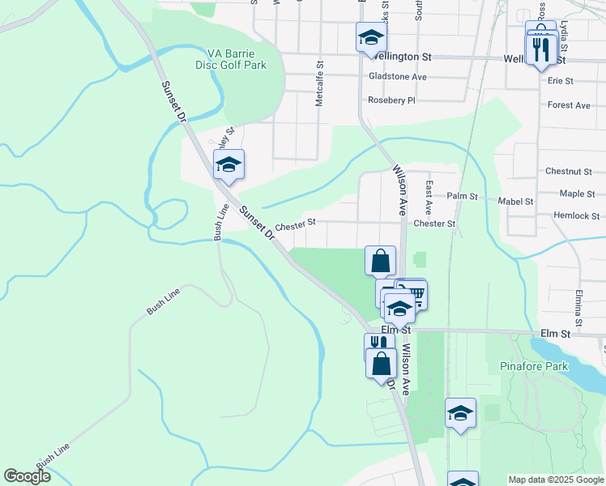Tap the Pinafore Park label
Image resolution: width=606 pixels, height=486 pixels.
pos(533,366)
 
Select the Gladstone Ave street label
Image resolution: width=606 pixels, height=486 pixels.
pos(397,77)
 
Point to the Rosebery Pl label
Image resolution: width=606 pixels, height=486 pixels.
pos(390,100)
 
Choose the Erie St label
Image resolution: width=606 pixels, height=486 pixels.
pos(560,81)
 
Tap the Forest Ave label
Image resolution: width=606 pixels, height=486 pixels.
pos(568,105)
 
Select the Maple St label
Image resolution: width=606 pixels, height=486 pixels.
pos(578,194)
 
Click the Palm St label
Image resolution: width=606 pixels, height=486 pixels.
pos(463,197)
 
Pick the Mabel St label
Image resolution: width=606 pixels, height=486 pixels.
pos(516,202)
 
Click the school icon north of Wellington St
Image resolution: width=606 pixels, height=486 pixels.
pos(371,37)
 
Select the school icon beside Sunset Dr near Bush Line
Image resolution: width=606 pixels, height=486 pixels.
pos(228,164)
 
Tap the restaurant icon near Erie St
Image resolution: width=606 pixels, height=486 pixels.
pos(540,50)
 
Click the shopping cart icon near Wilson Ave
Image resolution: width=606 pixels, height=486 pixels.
pos(414,292)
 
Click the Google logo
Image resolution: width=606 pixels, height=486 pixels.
pos(28,476)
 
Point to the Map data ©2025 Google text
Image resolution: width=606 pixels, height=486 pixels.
pos(556,480)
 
